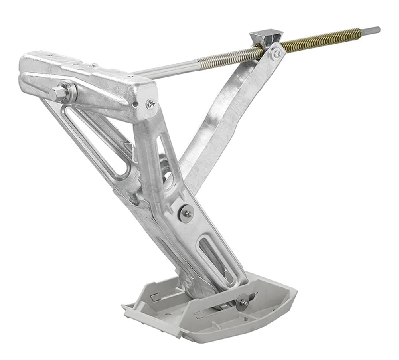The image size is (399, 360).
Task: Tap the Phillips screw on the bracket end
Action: pos(150,104)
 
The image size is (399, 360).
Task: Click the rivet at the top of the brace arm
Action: pos(276,53)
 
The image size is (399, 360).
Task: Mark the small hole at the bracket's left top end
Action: pos(49,56)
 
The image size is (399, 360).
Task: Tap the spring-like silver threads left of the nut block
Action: pos(223,58)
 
